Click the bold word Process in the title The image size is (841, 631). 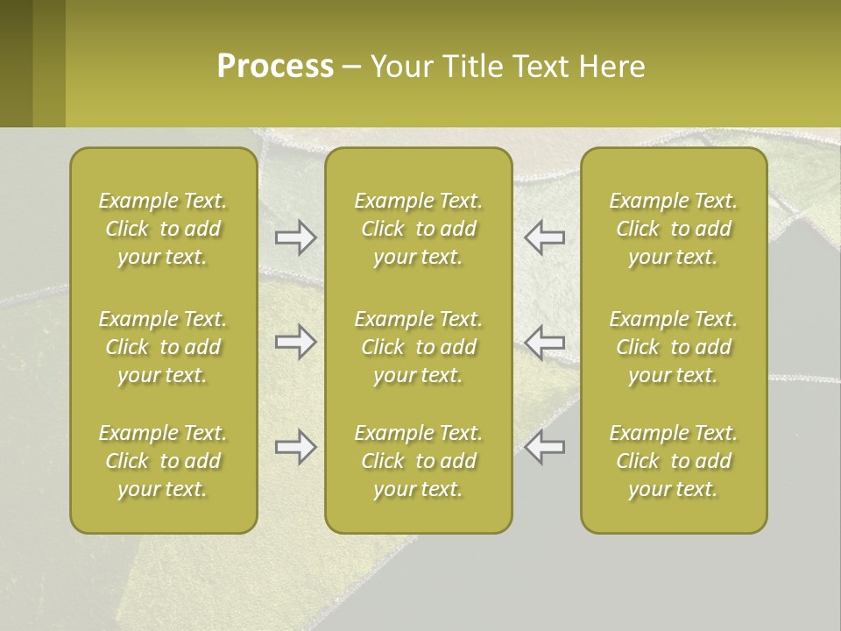(275, 67)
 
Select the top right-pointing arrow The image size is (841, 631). (295, 238)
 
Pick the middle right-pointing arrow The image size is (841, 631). (295, 342)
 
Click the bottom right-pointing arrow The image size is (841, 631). (295, 447)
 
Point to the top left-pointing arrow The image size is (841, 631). (545, 238)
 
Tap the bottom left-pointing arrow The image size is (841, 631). (545, 447)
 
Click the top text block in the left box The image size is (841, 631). (163, 229)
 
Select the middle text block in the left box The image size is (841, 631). (163, 347)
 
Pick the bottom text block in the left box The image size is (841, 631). (163, 461)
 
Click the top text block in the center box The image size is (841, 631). (418, 229)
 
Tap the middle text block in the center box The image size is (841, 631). (418, 347)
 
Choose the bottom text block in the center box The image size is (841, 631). (418, 461)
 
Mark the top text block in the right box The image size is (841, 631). (673, 229)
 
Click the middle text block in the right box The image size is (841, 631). (673, 347)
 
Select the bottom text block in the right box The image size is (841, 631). (673, 461)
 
